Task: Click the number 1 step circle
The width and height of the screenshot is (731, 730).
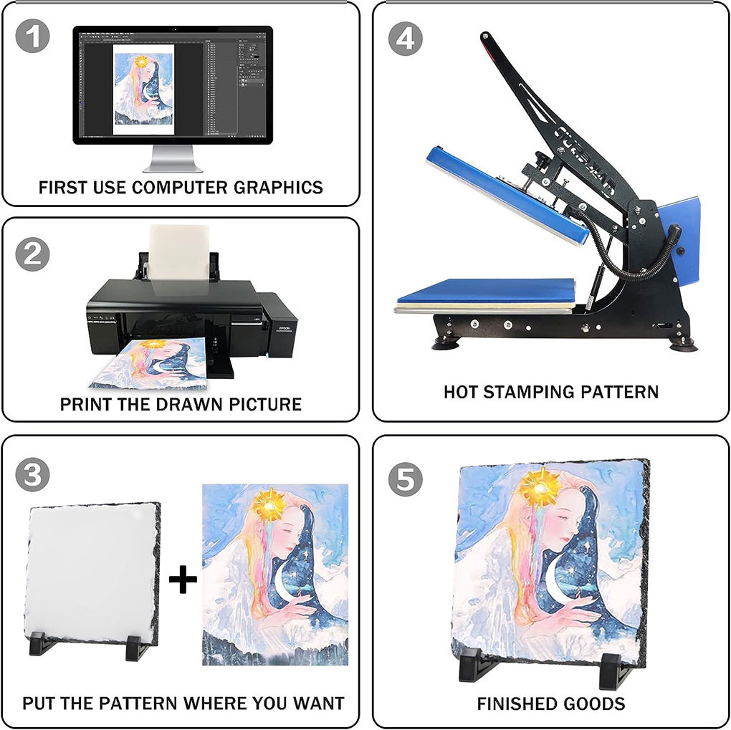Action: (33, 36)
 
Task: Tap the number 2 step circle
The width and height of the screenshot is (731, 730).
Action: (33, 254)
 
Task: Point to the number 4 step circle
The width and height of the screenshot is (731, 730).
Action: (406, 39)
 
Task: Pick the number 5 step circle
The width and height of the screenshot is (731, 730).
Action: (406, 479)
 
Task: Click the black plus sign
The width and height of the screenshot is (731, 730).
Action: (183, 580)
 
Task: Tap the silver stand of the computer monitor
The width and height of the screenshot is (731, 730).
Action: (173, 158)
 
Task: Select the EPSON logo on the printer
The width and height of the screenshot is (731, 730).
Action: (285, 328)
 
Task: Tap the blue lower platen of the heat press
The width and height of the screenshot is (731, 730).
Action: (486, 291)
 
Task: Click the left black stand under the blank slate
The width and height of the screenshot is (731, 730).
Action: (43, 643)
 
